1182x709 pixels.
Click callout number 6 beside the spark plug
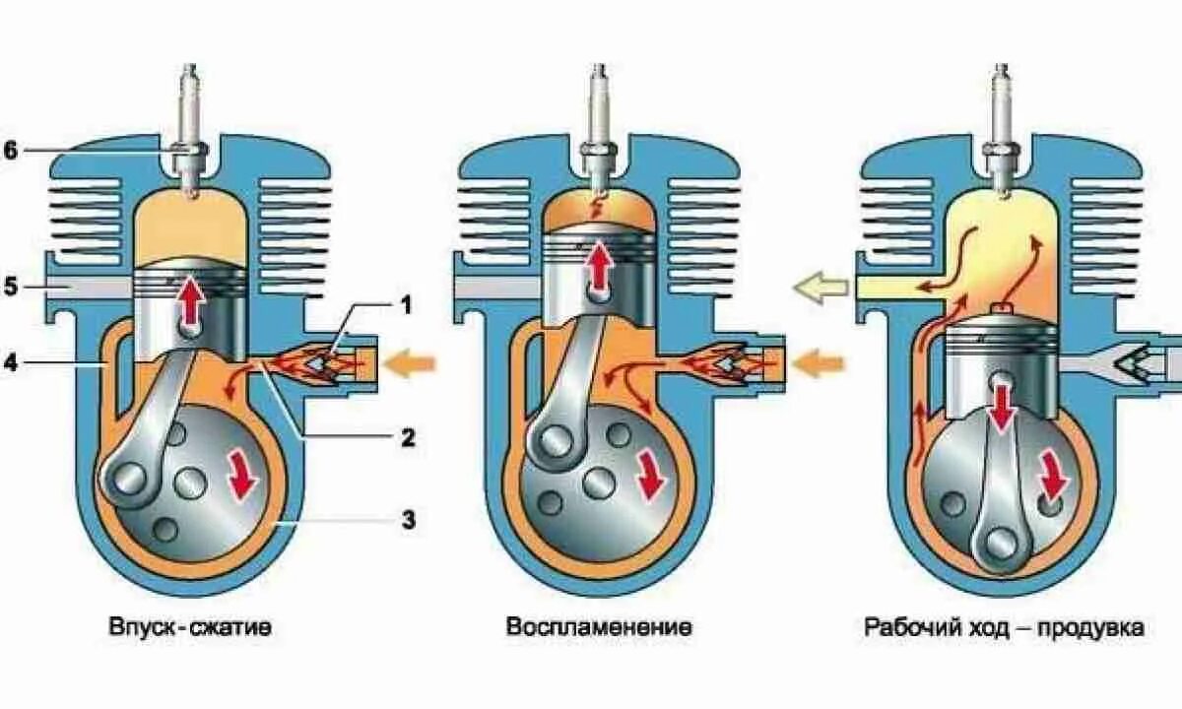(11, 151)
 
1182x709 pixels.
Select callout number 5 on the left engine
(11, 287)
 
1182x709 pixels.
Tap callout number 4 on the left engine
(11, 363)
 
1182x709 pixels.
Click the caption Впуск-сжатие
(190, 627)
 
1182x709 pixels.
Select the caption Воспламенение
(599, 627)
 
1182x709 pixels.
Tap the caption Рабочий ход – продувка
(1005, 627)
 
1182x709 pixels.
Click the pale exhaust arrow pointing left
(820, 288)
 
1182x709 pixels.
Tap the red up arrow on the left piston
(188, 306)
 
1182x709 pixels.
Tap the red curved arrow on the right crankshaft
(1053, 477)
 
